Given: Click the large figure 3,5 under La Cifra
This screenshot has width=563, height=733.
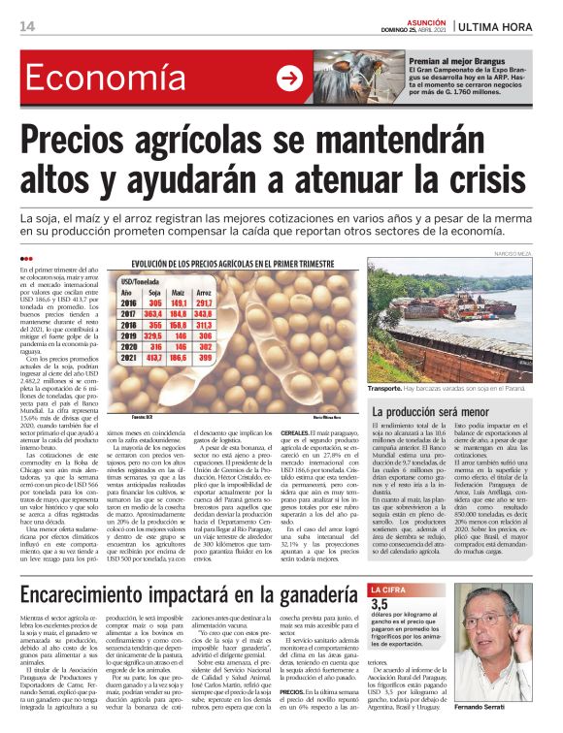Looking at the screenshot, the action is (379, 604).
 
